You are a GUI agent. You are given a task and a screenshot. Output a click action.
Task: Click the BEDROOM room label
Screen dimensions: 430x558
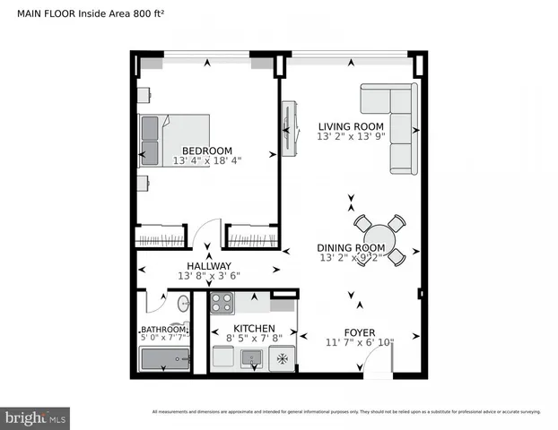pyautogui.click(x=206, y=150)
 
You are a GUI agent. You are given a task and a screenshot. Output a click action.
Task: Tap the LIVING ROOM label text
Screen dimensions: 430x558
pyautogui.click(x=351, y=126)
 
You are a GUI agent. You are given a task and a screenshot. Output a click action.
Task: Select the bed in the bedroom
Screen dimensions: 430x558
pyautogui.click(x=174, y=139)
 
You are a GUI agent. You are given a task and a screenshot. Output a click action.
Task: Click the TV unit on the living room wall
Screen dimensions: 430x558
pyautogui.click(x=289, y=127)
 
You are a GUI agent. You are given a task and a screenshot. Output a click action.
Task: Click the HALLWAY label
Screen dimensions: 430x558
pyautogui.click(x=209, y=266)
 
